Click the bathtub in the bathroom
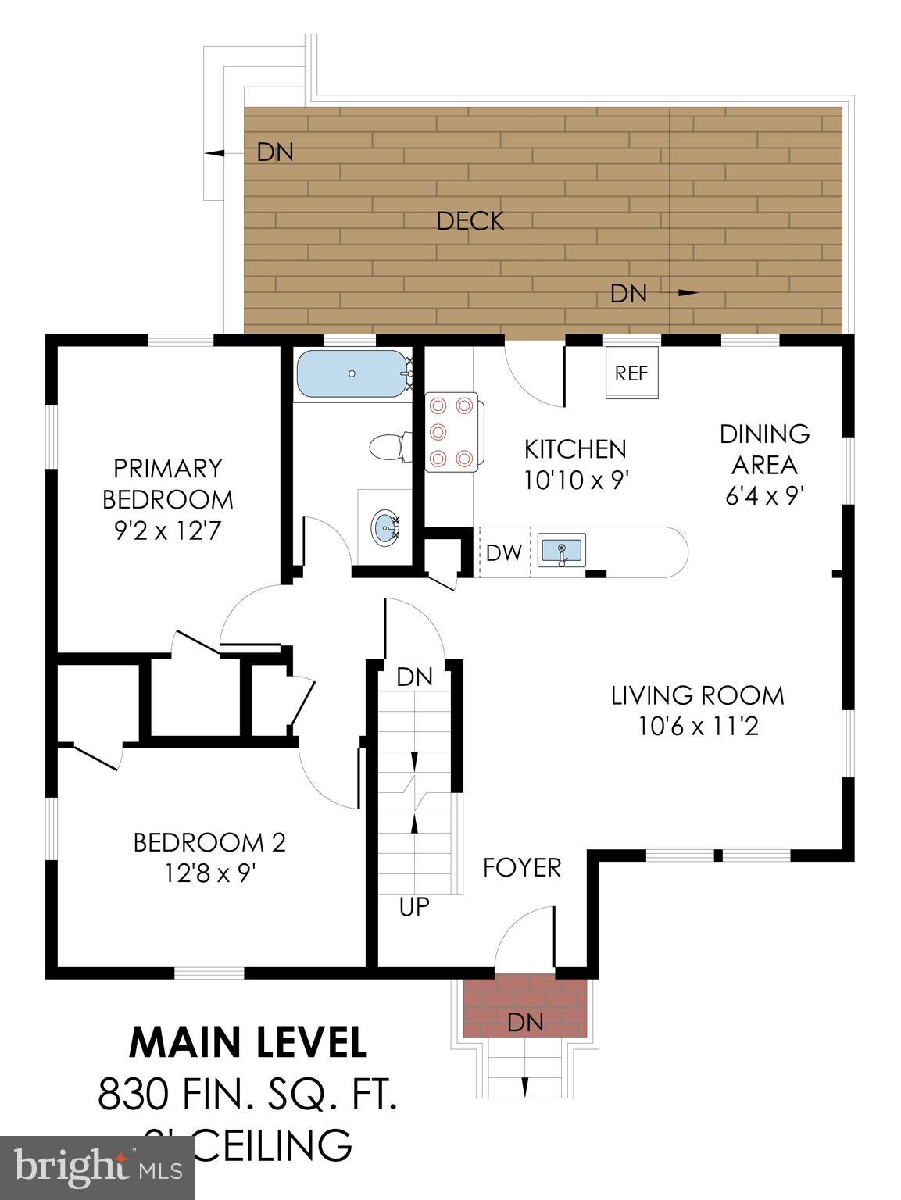click(352, 374)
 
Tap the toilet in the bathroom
click(386, 448)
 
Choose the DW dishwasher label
click(503, 553)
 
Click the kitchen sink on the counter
click(561, 550)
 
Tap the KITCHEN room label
click(574, 449)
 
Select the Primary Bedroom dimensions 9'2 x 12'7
click(167, 531)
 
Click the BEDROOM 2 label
click(209, 842)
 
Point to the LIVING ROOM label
click(697, 695)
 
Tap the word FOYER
click(521, 867)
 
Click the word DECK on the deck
click(470, 221)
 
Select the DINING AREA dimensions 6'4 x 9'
click(764, 496)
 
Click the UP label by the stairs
click(414, 906)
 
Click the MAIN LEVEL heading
click(248, 1041)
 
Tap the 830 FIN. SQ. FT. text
click(248, 1094)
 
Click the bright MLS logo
click(97, 1168)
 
